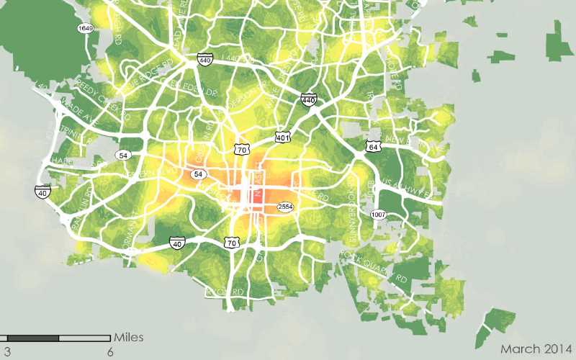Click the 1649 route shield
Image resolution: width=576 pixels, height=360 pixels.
point(86,28)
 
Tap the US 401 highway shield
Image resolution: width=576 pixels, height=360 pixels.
point(282,136)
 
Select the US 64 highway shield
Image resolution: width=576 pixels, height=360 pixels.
point(372,146)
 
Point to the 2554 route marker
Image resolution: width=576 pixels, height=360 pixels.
point(286,207)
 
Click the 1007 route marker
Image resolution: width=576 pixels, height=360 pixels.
point(379,215)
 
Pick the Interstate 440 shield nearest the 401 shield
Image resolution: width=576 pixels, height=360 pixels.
point(310,99)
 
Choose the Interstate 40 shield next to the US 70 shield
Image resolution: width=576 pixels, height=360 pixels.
point(177,244)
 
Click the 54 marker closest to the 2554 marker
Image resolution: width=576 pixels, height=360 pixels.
point(198,174)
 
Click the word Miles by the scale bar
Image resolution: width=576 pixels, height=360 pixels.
point(129,337)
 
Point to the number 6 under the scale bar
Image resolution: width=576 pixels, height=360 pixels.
point(110,352)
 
